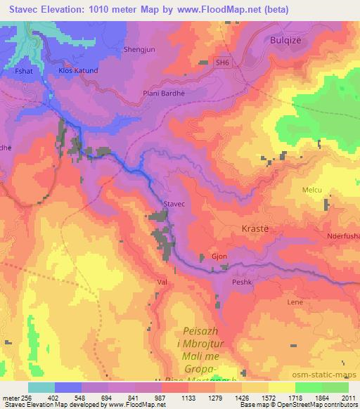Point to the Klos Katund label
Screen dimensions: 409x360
[x=79, y=71]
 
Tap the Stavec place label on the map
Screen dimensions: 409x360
[x=174, y=203]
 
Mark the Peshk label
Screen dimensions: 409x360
[x=242, y=280]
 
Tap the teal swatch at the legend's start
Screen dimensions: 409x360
[x=41, y=387]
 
